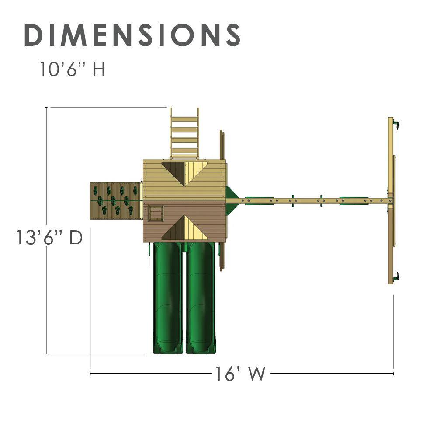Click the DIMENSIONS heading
click(132, 35)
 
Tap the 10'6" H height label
click(72, 69)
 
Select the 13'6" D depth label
click(50, 237)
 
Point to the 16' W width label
click(240, 374)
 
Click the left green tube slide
click(168, 298)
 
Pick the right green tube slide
click(201, 298)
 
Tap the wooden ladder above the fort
click(184, 133)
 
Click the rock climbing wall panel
click(115, 201)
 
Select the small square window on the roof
click(156, 214)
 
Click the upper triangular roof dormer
click(184, 173)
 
